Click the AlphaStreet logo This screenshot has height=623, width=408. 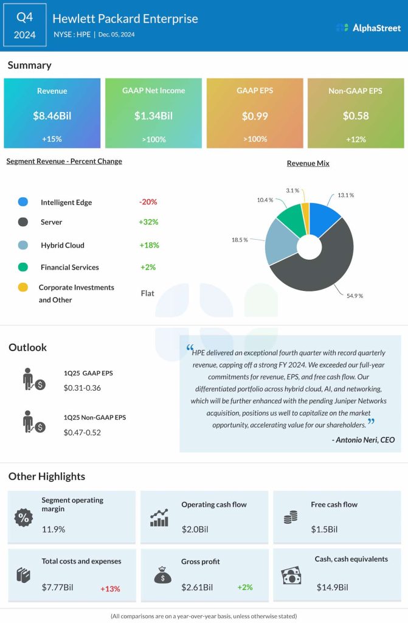pyautogui.click(x=368, y=27)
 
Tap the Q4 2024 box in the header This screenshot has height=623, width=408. pyautogui.click(x=24, y=26)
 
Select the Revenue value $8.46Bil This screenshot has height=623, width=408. pyautogui.click(x=52, y=116)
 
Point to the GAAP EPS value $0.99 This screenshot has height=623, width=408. pyautogui.click(x=254, y=116)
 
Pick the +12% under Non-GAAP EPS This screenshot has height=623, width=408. pyautogui.click(x=355, y=139)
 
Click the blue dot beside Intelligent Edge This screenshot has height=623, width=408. pyautogui.click(x=23, y=202)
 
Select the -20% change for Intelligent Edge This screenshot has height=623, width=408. pyautogui.click(x=148, y=202)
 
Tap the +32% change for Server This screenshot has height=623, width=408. pyautogui.click(x=148, y=222)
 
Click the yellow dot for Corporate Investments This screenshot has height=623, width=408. pyautogui.click(x=23, y=287)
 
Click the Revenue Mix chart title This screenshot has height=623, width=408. pyautogui.click(x=308, y=164)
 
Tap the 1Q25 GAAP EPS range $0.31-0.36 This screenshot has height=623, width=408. pyautogui.click(x=82, y=388)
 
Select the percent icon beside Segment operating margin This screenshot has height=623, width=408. pyautogui.click(x=23, y=518)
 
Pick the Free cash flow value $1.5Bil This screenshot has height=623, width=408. pyautogui.click(x=323, y=529)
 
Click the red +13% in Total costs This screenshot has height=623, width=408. pyautogui.click(x=110, y=588)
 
